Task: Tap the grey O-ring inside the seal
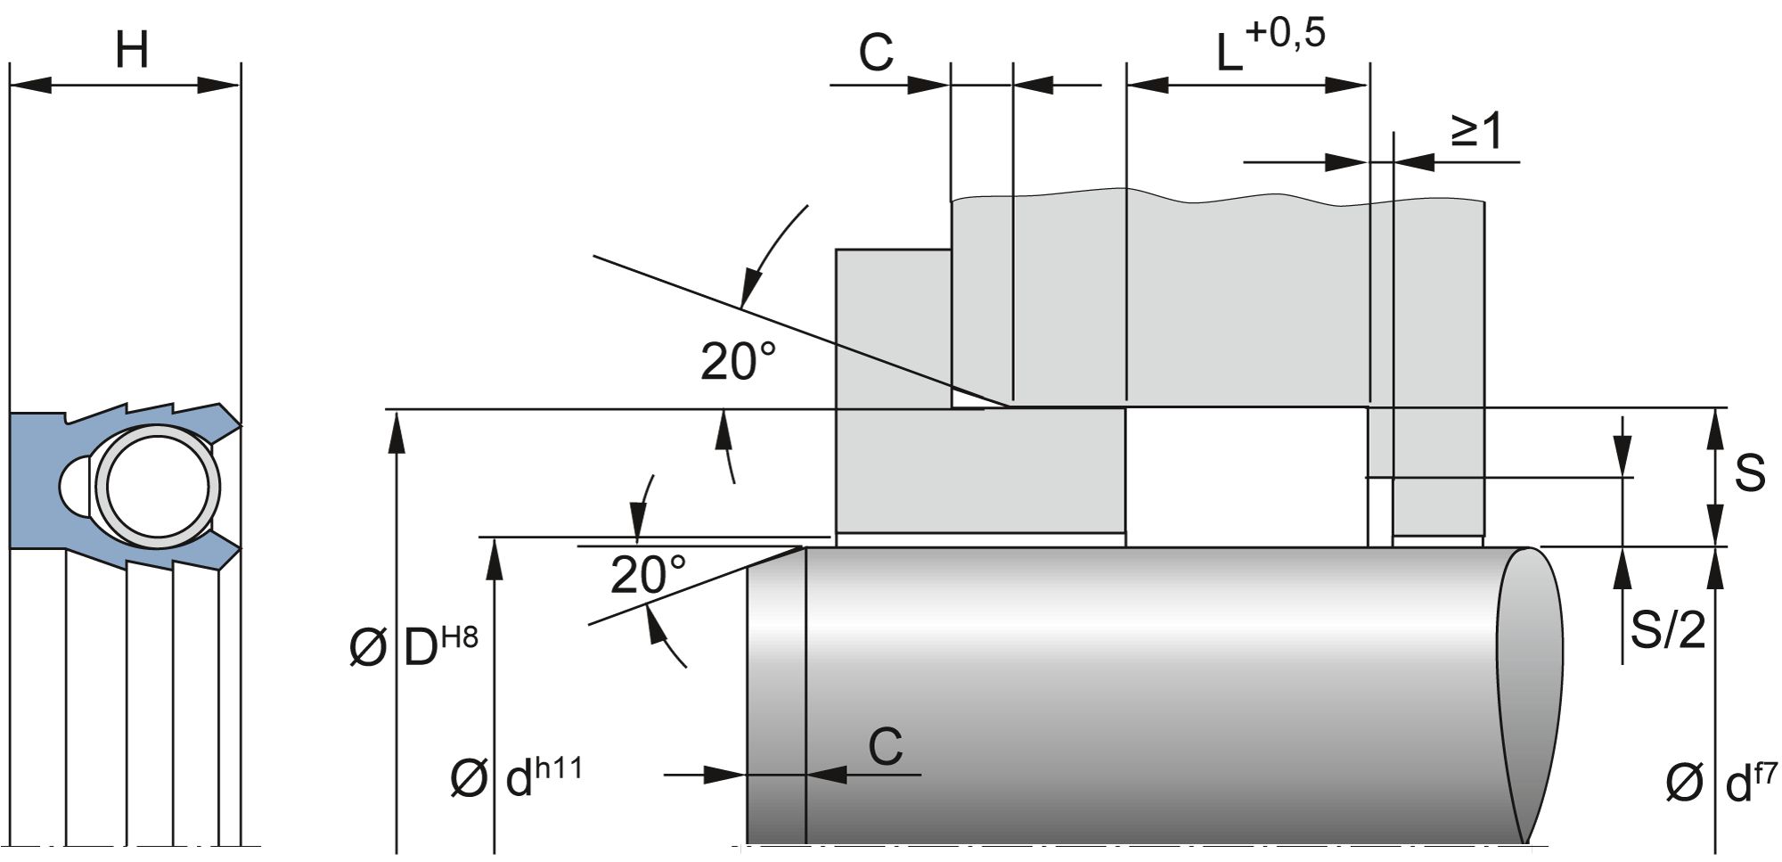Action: [158, 487]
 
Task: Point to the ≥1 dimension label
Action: [1476, 132]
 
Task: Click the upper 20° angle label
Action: [738, 362]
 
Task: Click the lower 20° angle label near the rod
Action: [648, 575]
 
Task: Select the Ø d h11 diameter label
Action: [517, 777]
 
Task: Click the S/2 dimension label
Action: [1667, 630]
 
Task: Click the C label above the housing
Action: [875, 53]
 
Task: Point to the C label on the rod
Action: [885, 747]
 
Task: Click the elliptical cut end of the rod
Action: [1529, 695]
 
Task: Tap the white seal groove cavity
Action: [1247, 477]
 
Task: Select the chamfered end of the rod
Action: [776, 695]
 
